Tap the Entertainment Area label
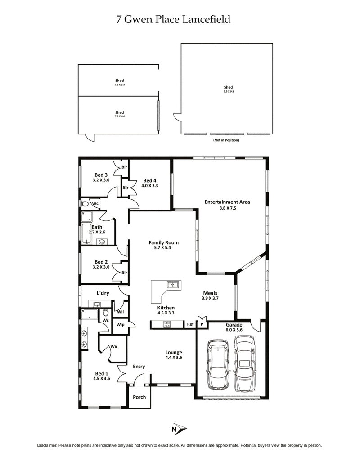[x=227, y=202]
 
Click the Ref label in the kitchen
[x=190, y=324]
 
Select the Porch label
[x=139, y=397]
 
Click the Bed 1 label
[x=101, y=373]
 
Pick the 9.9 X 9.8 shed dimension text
[x=228, y=92]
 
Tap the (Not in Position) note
[x=226, y=140]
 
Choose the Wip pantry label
[x=121, y=324]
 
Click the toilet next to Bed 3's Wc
[x=85, y=204]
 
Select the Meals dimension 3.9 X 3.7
[x=210, y=298]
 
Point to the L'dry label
[x=103, y=293]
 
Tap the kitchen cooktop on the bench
[x=166, y=324]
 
